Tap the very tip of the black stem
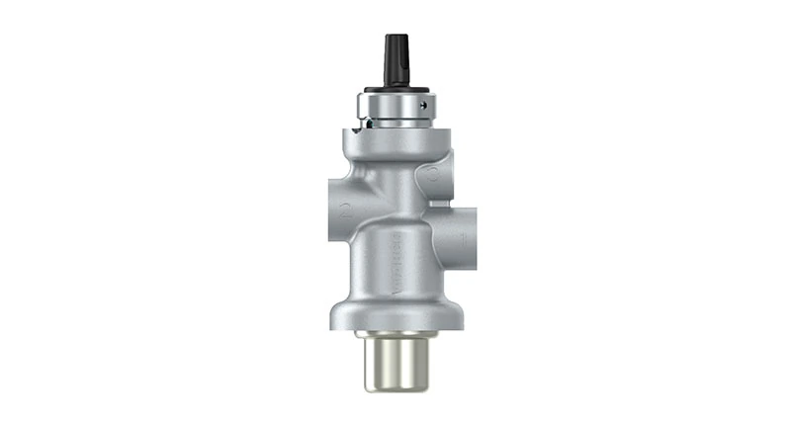[x=395, y=37]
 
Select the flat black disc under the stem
[x=395, y=87]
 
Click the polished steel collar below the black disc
[x=395, y=107]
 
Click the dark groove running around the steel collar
[x=395, y=118]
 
